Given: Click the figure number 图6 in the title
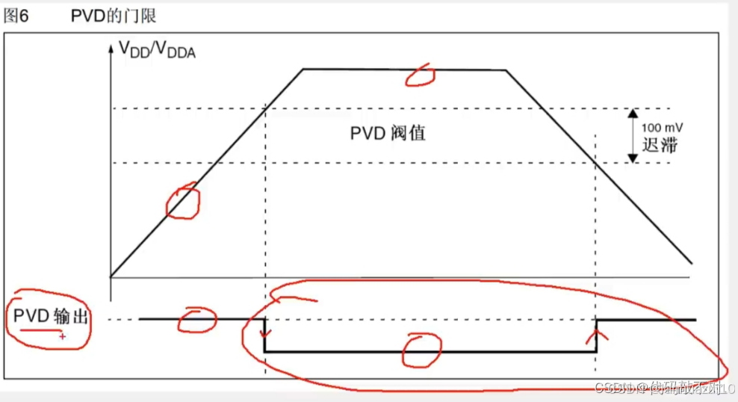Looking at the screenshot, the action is (x=16, y=16).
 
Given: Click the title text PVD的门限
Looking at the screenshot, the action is (x=114, y=16).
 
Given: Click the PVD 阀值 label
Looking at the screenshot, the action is (x=388, y=134).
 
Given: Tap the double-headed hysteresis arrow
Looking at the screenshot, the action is (x=632, y=136).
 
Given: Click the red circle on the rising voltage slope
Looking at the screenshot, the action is (x=183, y=201).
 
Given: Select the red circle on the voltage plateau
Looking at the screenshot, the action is (x=420, y=73).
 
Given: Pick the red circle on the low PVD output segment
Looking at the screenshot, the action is (x=421, y=351).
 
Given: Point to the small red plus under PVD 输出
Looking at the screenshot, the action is (x=62, y=337).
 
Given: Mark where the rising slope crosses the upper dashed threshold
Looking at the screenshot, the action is (x=266, y=109).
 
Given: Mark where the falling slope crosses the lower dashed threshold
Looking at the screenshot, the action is (x=595, y=163).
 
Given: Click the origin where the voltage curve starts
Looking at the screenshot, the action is (x=111, y=276).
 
